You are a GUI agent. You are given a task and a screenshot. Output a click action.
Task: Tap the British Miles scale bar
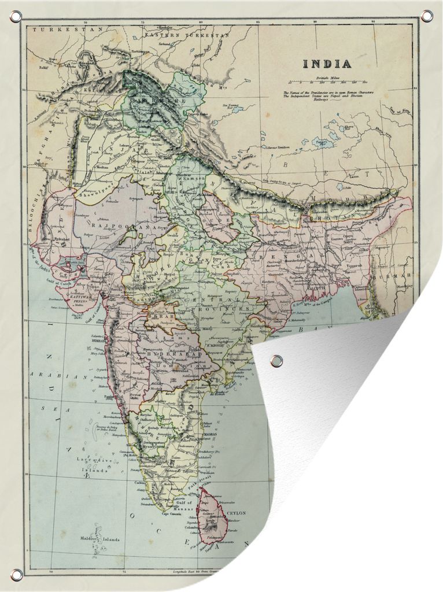[328, 83]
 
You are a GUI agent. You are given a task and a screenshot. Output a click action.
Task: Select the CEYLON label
[237, 513]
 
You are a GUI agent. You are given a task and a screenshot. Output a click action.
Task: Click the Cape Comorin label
[172, 514]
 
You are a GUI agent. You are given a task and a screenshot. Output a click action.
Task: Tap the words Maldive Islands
[104, 539]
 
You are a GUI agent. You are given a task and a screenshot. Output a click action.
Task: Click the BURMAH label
[403, 276]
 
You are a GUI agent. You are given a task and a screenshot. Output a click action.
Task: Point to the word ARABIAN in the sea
[59, 376]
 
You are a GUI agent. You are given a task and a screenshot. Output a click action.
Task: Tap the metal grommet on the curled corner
[276, 361]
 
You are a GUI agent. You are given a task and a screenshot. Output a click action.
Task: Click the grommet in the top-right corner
[427, 16]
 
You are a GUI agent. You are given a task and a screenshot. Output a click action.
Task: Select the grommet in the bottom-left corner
[17, 574]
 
